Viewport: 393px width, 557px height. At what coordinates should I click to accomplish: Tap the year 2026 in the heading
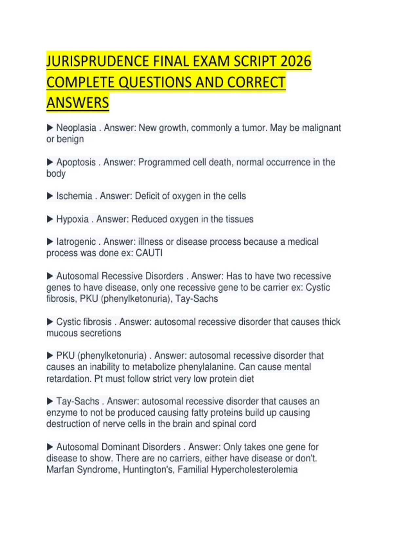(295, 62)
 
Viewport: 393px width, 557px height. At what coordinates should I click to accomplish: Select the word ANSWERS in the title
(78, 103)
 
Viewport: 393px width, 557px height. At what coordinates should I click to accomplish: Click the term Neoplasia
(76, 128)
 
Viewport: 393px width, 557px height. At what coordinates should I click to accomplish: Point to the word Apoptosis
(76, 162)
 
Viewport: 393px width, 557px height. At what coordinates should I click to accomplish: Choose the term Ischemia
(74, 196)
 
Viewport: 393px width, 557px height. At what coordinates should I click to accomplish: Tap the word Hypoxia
(72, 219)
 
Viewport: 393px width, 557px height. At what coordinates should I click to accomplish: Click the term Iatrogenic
(76, 242)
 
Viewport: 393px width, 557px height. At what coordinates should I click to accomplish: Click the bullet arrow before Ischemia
(50, 196)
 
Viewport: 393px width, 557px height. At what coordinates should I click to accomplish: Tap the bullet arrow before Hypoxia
(50, 219)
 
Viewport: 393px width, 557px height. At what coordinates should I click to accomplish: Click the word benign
(70, 139)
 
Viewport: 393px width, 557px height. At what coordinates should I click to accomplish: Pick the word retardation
(68, 379)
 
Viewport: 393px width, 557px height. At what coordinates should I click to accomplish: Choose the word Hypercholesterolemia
(254, 470)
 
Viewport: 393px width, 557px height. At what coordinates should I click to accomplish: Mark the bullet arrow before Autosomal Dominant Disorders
(50, 447)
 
